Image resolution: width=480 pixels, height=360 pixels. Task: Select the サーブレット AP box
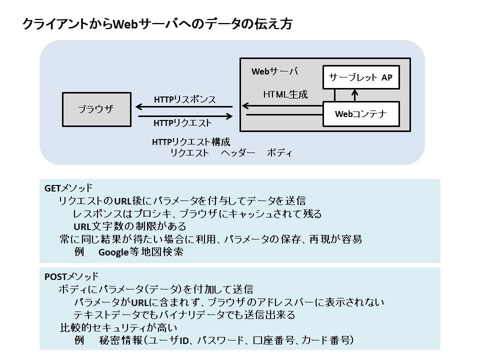click(360, 77)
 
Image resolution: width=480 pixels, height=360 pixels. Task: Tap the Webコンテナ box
click(360, 114)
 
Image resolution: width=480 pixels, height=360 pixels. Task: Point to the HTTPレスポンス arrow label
click(184, 99)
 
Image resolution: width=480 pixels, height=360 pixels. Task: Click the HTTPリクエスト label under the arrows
click(182, 123)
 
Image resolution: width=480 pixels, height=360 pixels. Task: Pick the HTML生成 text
click(285, 94)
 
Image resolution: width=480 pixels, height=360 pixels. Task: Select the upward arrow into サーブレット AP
click(355, 95)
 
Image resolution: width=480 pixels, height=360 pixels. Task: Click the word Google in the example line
click(113, 252)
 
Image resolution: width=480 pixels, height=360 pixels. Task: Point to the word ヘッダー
click(238, 153)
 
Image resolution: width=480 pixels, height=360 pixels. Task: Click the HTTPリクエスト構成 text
click(191, 142)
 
